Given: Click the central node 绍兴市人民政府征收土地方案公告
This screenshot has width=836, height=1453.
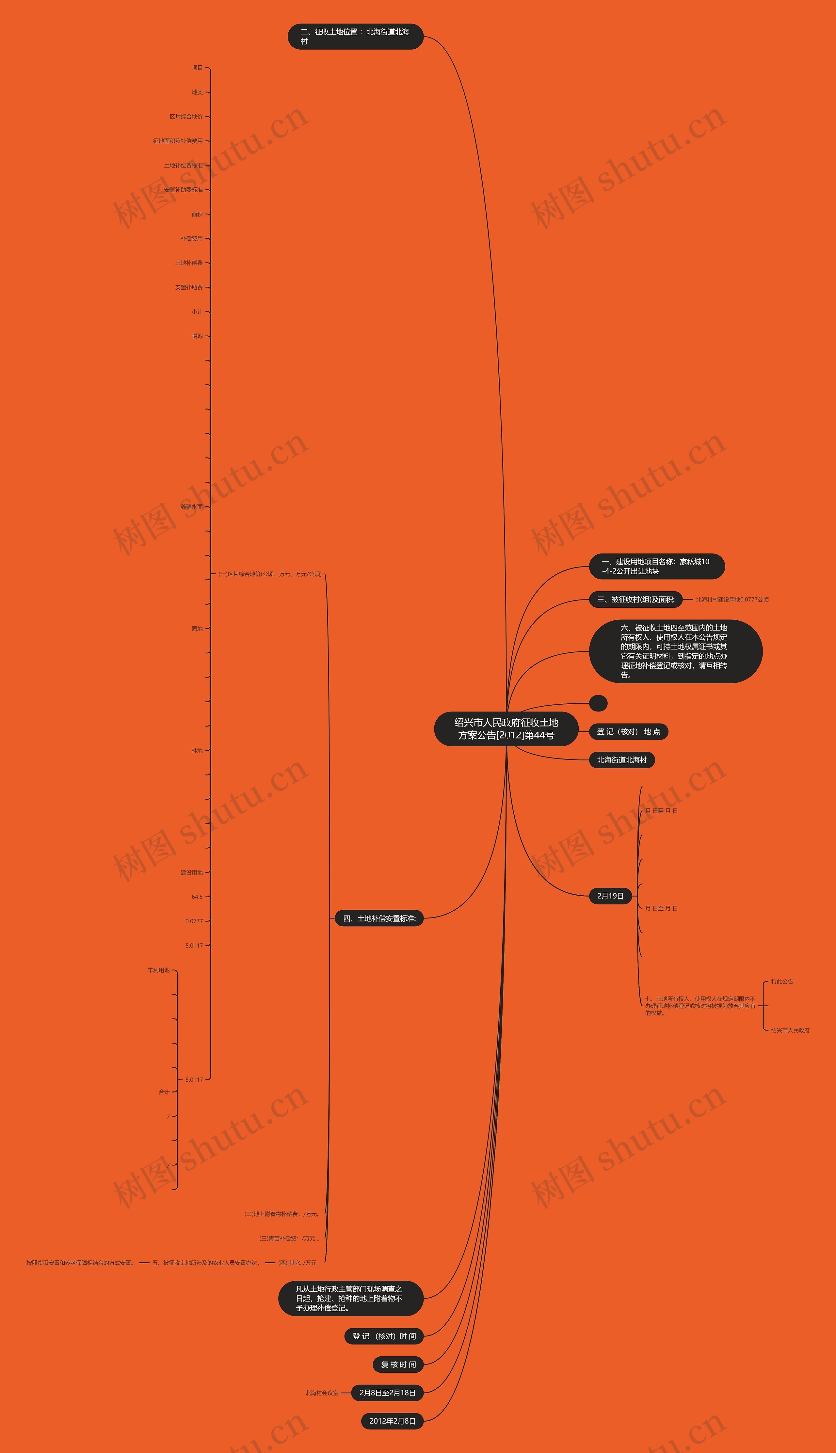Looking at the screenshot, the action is pos(506,728).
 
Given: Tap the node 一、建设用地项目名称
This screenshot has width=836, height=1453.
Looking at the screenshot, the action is pos(656,566).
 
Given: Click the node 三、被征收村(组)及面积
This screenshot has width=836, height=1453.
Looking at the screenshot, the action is pos(635,599).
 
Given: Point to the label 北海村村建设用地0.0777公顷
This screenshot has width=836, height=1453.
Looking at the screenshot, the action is pos(732,599).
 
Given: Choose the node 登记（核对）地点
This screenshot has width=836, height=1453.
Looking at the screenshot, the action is pos(628,731).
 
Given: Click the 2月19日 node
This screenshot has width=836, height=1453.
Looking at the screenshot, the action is pos(610,896).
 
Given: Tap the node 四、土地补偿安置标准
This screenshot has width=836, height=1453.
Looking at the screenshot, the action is pos(379,918).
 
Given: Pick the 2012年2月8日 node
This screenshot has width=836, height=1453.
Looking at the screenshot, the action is pos(392,1421).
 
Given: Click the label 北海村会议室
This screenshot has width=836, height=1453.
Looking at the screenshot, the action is pos(322,1393).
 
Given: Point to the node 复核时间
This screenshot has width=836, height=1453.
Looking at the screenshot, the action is pos(398,1365).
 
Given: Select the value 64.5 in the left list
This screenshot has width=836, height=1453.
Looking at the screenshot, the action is pos(197,897).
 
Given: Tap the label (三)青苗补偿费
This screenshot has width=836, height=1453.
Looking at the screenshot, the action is pos(289,1238).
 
